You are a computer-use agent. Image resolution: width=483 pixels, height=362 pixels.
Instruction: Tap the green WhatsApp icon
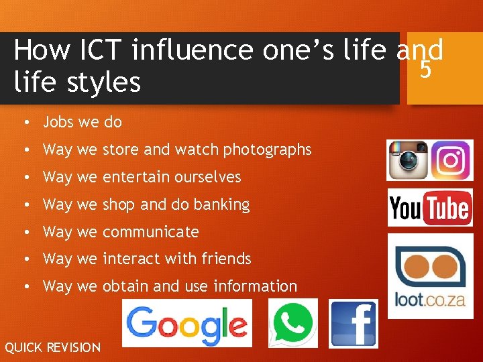coord(293,323)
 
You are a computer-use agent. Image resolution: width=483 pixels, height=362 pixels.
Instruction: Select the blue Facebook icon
coord(354,323)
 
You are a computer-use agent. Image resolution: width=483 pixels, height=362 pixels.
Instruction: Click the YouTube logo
coord(430,208)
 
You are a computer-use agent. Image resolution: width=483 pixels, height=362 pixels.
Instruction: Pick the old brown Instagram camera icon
coord(408,160)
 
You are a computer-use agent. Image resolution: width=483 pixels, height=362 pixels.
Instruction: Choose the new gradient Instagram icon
coord(451,160)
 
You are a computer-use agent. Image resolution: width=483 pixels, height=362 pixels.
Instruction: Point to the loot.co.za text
coord(430,298)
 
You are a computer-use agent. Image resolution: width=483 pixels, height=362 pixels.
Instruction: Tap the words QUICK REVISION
coord(52,347)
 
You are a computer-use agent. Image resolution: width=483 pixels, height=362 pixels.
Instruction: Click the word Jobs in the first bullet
coord(58,122)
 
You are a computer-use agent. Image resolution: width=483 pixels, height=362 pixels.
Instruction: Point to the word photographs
coord(268,149)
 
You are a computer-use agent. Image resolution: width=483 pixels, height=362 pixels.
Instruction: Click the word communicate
coord(150,232)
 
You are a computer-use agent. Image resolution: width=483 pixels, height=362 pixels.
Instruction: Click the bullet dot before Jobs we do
coord(23,123)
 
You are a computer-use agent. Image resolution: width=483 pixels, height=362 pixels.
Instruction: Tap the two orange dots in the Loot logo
coord(430,261)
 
